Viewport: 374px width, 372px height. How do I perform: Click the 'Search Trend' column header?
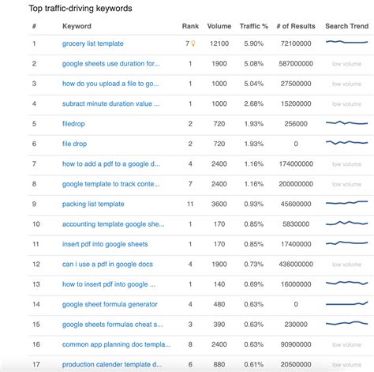[x=346, y=26]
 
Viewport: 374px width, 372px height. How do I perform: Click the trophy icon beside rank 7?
[x=193, y=43]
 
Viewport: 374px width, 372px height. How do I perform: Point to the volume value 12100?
[x=219, y=43]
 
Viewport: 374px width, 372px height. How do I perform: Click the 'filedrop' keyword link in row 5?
[x=73, y=123]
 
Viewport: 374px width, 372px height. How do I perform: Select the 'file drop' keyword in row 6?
[x=75, y=144]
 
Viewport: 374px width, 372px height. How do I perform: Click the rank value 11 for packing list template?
[x=190, y=204]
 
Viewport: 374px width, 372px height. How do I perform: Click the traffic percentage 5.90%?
[x=253, y=43]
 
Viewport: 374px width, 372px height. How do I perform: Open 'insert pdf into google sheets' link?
[x=105, y=244]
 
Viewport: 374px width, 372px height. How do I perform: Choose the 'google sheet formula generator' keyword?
[x=110, y=304]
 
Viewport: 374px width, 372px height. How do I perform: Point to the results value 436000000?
[x=292, y=264]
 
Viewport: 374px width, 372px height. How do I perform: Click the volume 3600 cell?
[x=219, y=204]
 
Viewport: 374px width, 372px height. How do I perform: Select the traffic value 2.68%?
[x=253, y=103]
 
